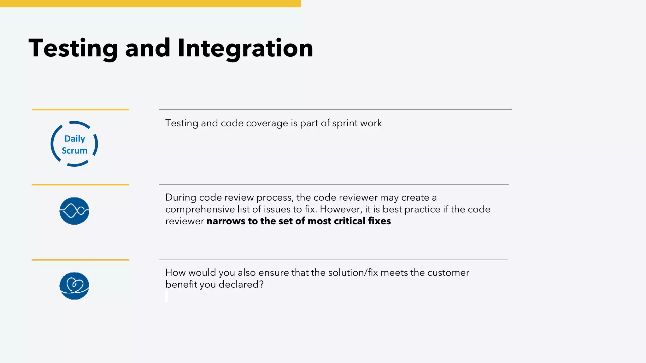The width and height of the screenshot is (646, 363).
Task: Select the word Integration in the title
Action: [x=245, y=48]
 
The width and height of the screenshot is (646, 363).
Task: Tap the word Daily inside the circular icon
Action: [x=75, y=139]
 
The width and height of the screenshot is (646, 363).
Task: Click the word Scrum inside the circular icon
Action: [x=74, y=151]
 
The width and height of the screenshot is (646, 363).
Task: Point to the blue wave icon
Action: [x=74, y=211]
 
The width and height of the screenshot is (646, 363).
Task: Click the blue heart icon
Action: [x=74, y=286]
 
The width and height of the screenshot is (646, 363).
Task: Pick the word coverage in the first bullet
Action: [x=267, y=123]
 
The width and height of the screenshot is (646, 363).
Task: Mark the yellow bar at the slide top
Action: [x=150, y=3]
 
